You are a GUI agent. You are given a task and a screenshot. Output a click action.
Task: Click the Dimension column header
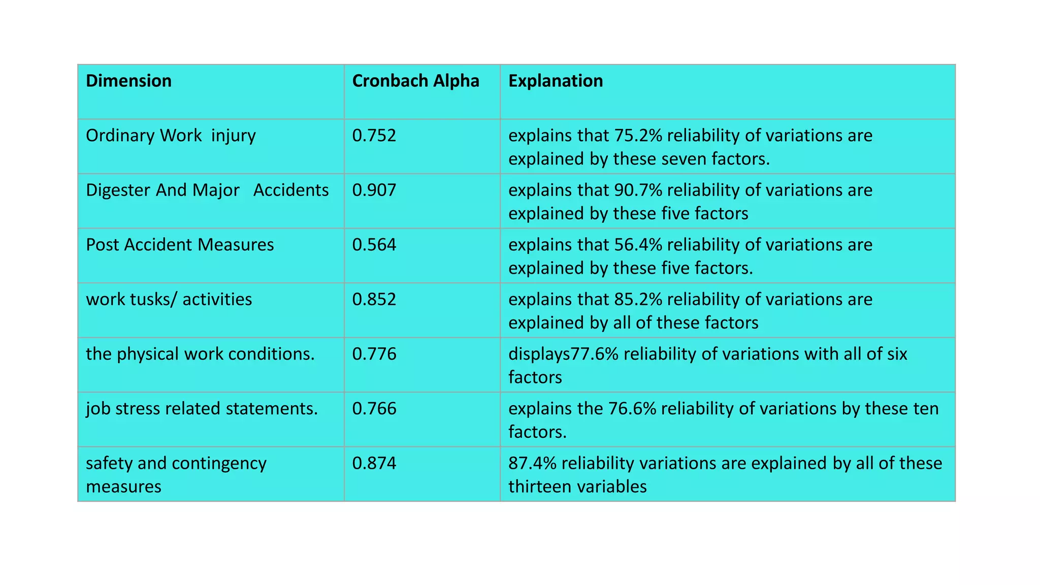(128, 81)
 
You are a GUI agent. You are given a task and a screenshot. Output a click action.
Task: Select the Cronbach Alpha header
(415, 81)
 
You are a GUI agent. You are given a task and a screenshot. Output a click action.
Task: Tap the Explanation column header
(556, 81)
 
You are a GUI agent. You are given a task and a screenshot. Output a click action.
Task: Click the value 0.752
(374, 136)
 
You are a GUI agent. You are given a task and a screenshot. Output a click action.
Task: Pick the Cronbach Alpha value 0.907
(374, 190)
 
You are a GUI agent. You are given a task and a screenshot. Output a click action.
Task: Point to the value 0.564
(374, 245)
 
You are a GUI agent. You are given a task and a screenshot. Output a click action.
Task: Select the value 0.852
(374, 300)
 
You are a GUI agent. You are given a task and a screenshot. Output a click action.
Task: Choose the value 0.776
(374, 354)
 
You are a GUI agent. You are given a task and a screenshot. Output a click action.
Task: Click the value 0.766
(374, 409)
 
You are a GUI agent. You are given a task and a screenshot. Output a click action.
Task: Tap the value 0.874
(374, 463)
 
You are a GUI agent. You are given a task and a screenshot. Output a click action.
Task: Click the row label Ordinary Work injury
(171, 136)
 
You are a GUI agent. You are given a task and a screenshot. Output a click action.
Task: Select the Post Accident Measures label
(180, 245)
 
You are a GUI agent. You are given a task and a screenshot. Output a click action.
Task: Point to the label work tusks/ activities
(169, 300)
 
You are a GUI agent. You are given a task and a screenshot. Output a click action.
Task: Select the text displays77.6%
(563, 354)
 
